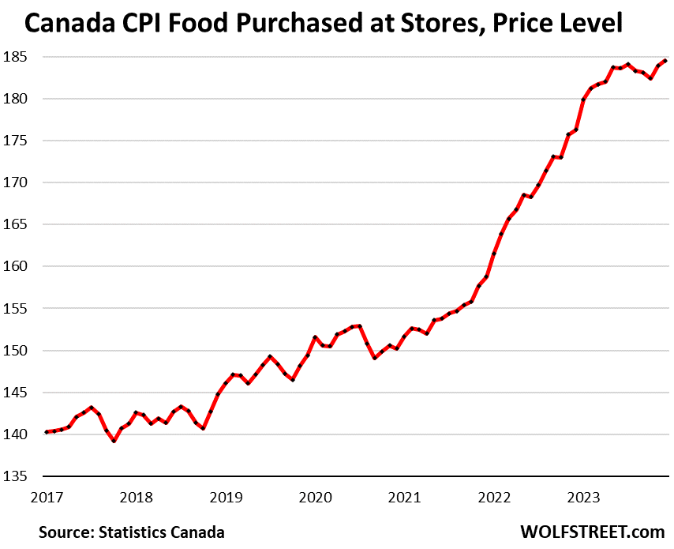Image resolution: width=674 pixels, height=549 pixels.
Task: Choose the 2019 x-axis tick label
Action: tap(227, 498)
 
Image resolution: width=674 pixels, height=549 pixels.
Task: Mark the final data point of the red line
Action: tap(665, 61)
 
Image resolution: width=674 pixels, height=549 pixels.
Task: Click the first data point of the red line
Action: tap(47, 432)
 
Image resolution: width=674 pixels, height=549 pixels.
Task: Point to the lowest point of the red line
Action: tap(114, 441)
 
